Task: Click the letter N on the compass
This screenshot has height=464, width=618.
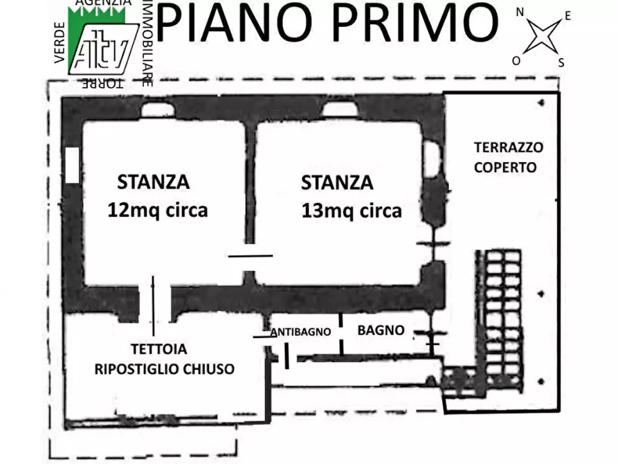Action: (519, 12)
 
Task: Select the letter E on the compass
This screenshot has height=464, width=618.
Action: (567, 16)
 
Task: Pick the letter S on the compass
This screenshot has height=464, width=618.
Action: (561, 62)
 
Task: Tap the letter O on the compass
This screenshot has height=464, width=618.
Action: (516, 60)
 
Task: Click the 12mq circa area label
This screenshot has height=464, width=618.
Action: (157, 210)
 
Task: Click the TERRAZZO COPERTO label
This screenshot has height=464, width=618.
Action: (509, 157)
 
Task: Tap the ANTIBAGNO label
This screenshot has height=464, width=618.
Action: (301, 332)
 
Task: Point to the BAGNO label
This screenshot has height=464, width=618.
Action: (381, 330)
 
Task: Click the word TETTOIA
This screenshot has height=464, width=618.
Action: (158, 349)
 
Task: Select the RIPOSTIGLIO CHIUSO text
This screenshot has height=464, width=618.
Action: (165, 368)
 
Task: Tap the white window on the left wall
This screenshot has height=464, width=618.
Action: (71, 166)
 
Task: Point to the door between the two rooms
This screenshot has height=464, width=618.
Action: (251, 255)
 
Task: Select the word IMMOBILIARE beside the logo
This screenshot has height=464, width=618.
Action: (147, 43)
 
